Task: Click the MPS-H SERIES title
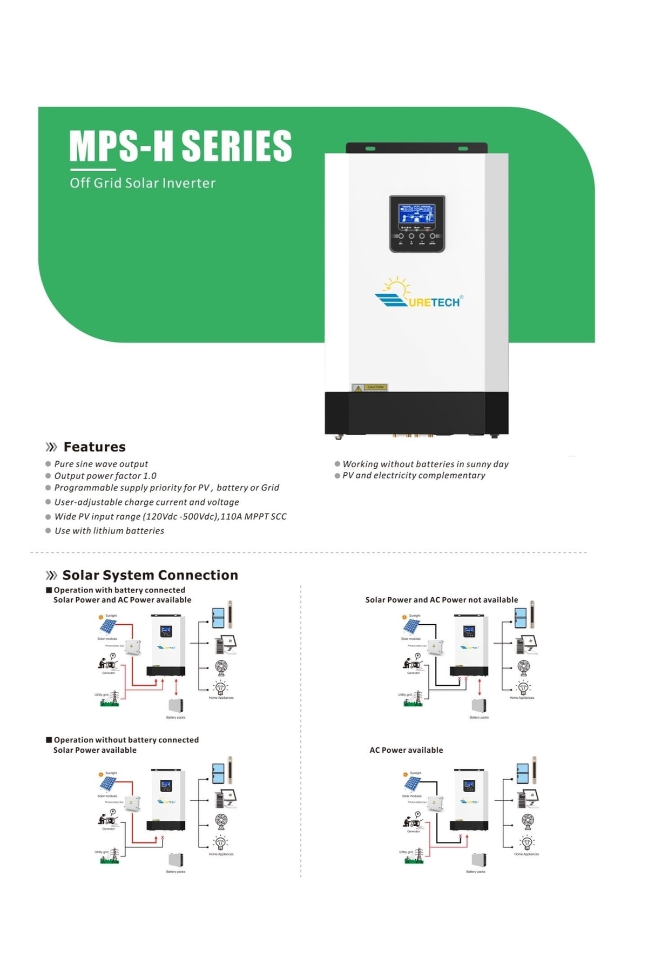[x=180, y=146]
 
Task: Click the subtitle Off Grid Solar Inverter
[x=143, y=183]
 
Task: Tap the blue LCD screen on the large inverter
[x=416, y=214]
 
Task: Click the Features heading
[x=94, y=447]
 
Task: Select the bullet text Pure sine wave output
[x=101, y=464]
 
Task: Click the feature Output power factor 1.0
[x=105, y=476]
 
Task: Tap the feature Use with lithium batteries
[x=109, y=531]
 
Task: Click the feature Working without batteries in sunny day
[x=426, y=464]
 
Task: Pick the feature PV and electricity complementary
[x=414, y=475]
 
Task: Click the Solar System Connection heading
[x=150, y=575]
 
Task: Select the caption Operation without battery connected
[x=126, y=740]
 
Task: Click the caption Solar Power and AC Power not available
[x=441, y=600]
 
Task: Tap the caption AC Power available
[x=406, y=750]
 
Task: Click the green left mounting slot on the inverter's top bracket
[x=370, y=148]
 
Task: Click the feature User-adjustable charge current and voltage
[x=146, y=502]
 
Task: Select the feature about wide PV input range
[x=170, y=517]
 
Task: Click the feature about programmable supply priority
[x=166, y=488]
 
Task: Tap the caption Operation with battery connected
[x=119, y=590]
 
